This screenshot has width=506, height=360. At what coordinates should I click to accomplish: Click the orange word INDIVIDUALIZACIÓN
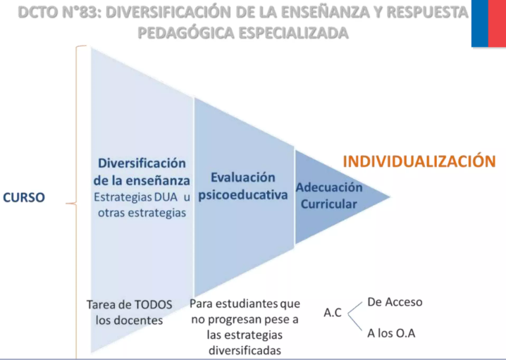click(x=419, y=161)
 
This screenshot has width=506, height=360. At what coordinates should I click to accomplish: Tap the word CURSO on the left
click(x=24, y=197)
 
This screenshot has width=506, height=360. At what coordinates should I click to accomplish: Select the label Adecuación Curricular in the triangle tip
click(x=329, y=195)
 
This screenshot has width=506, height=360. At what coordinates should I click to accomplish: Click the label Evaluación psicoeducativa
click(x=242, y=186)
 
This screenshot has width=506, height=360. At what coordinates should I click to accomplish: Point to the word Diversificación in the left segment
click(x=142, y=163)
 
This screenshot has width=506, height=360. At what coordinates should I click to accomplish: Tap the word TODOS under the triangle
click(x=154, y=304)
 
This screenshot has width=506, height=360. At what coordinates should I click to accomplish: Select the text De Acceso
click(x=395, y=302)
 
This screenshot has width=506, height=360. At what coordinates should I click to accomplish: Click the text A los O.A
click(x=391, y=333)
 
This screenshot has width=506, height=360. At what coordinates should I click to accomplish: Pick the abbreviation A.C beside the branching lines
click(x=333, y=312)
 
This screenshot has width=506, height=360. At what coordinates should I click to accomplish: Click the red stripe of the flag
click(x=497, y=23)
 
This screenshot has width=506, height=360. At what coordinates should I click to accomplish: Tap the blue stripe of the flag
click(x=480, y=23)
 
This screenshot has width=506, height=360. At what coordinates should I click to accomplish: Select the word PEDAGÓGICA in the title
click(x=185, y=33)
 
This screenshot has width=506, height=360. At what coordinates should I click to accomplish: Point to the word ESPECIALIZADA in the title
click(x=293, y=33)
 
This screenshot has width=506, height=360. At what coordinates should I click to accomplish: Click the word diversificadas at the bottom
click(x=245, y=350)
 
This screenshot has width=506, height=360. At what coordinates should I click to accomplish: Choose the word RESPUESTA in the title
click(x=427, y=13)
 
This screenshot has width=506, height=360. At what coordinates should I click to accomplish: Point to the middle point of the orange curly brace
click(x=77, y=203)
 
